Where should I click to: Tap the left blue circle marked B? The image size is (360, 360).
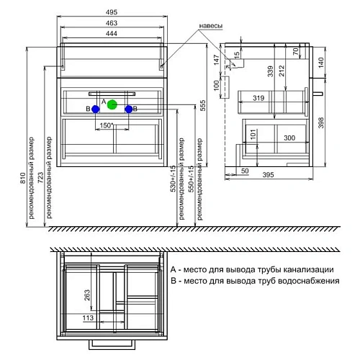95,109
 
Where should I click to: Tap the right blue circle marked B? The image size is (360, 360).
129,109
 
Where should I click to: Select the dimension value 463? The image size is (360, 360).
112,24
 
